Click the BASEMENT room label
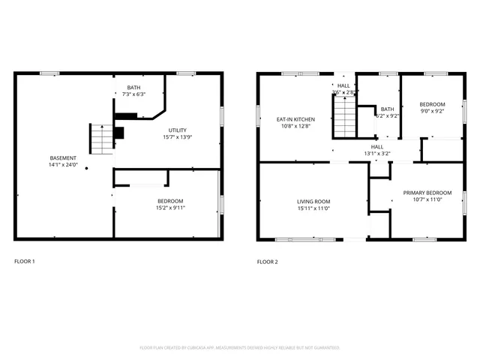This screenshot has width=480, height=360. [x=63, y=157]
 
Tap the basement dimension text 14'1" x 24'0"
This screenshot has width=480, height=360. [x=63, y=165]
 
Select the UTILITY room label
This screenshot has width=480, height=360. [x=177, y=130]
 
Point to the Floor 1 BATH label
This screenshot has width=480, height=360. [x=133, y=87]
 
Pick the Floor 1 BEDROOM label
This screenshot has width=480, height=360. [x=171, y=200]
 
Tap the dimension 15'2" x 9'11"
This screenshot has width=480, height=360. [x=171, y=208]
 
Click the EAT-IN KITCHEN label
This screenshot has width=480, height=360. [x=295, y=119]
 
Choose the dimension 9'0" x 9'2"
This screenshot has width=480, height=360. [x=432, y=111]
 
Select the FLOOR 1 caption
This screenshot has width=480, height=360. [x=25, y=262]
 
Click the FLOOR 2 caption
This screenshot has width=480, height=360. [x=267, y=262]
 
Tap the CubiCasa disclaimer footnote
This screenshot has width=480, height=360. [x=240, y=348]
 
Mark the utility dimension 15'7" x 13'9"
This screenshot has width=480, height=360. [x=177, y=137]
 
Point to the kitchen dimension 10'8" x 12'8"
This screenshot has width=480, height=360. [x=295, y=127]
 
